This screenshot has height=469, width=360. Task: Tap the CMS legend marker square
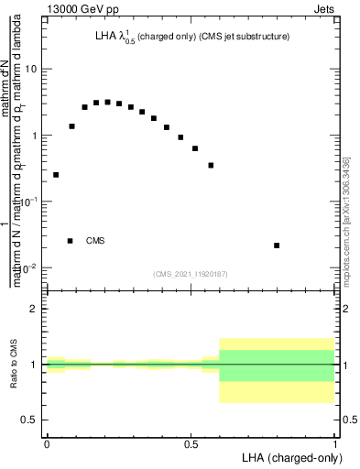[x=71, y=241]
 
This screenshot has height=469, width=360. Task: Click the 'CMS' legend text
[x=95, y=241]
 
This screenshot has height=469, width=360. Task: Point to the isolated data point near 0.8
[x=277, y=245]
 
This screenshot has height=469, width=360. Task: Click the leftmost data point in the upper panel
[x=56, y=174]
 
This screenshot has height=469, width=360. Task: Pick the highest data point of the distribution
[x=108, y=102]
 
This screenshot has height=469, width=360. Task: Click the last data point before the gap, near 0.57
[x=211, y=166]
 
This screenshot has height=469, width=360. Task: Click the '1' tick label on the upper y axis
[x=34, y=136]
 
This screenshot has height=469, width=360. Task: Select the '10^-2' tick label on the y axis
[x=28, y=267]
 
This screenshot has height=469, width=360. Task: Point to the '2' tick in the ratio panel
[x=34, y=309]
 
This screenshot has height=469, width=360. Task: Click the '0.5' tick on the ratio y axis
[x=29, y=420]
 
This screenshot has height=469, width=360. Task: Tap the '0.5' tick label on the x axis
[x=191, y=444]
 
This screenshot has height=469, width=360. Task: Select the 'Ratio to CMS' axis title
[x=13, y=365]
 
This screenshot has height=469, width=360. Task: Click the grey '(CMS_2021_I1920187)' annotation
[x=191, y=274]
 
